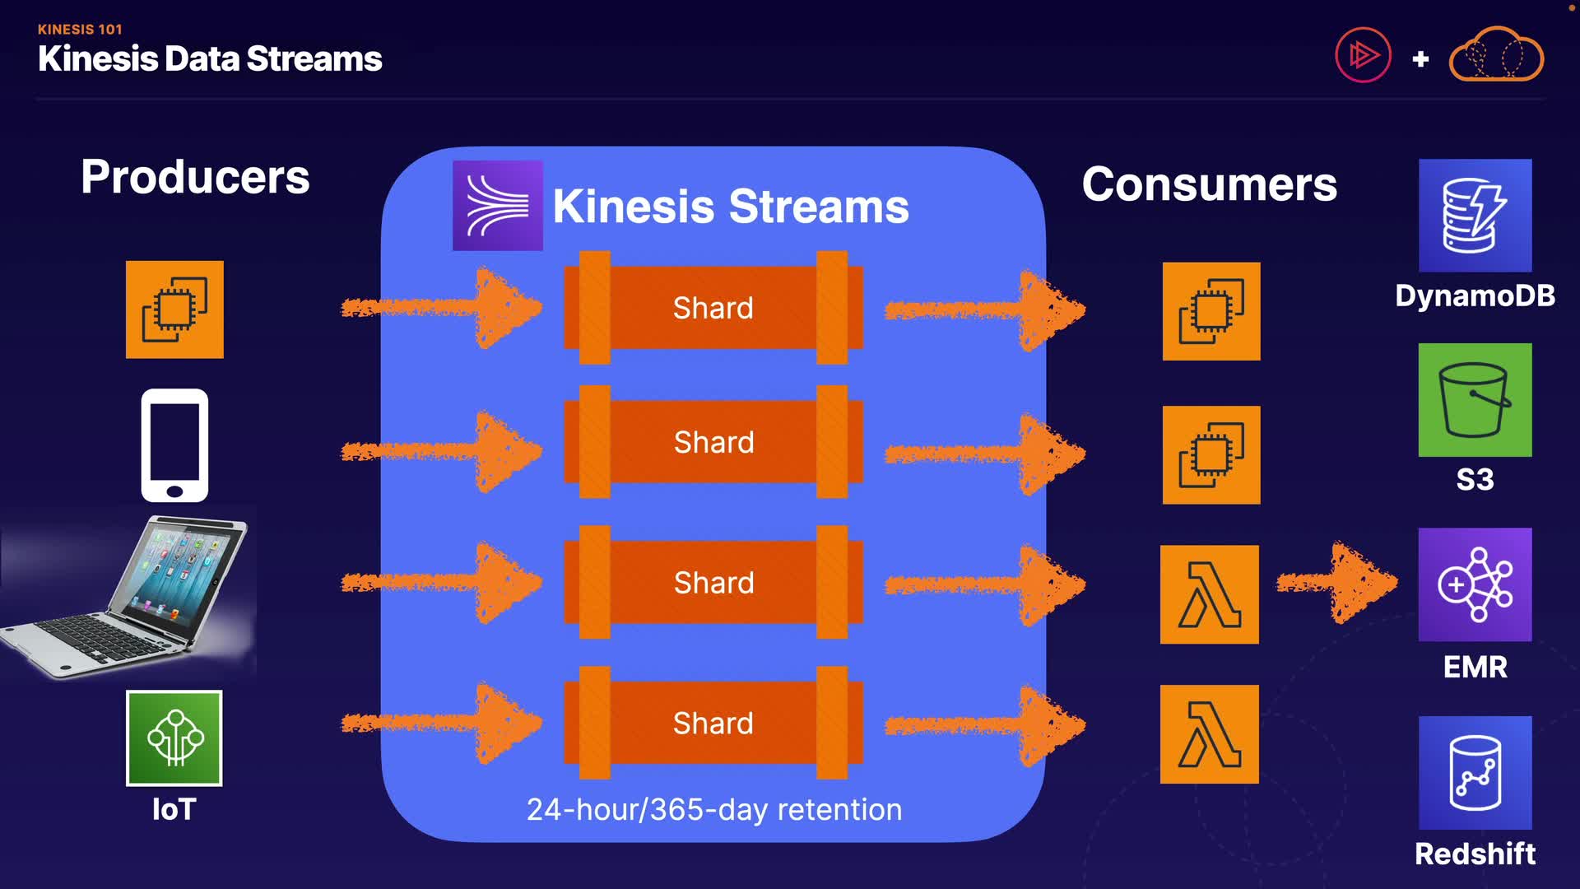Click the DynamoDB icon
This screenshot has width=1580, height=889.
tap(1475, 216)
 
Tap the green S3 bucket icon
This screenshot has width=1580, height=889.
tap(1475, 400)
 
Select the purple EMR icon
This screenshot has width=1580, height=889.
tap(1475, 584)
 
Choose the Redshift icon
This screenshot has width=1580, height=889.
tap(1475, 773)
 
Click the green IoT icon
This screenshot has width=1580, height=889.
tap(174, 738)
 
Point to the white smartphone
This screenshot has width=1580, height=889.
tap(174, 445)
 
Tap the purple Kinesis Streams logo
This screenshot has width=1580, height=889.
tap(497, 206)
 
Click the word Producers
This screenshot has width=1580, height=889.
tap(195, 177)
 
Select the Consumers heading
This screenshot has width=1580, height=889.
tap(1210, 184)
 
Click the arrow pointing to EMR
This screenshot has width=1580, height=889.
tap(1336, 583)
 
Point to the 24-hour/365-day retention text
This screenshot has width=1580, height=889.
tap(714, 810)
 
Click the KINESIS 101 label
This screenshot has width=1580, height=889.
tap(80, 30)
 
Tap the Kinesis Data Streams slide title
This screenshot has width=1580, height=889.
tap(210, 59)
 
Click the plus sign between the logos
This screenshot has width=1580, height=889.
tap(1420, 59)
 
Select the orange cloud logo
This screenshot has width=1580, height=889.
tap(1496, 54)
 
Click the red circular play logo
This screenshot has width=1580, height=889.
tap(1363, 55)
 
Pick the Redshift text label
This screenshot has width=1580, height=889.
tap(1475, 854)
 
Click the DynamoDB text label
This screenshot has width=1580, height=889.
tap(1475, 296)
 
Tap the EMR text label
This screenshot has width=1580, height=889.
tap(1475, 668)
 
